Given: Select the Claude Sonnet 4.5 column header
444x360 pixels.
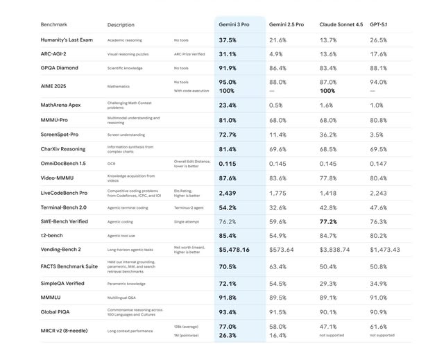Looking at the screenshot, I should (341, 24).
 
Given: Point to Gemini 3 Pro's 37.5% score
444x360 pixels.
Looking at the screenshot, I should (228, 40).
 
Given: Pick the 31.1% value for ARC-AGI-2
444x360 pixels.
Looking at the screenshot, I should (228, 54).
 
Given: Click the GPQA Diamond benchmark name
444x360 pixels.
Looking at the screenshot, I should (59, 68).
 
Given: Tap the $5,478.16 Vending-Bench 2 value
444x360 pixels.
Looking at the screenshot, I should (234, 249).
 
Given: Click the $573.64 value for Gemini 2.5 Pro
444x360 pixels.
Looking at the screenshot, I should (282, 249).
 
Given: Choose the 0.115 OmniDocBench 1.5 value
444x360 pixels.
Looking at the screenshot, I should (228, 163).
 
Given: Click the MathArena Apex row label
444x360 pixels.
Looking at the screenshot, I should (61, 105).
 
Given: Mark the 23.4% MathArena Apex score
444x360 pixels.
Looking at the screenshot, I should (228, 105).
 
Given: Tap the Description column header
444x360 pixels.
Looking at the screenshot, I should (121, 25).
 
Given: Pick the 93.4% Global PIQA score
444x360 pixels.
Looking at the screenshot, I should (228, 311).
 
